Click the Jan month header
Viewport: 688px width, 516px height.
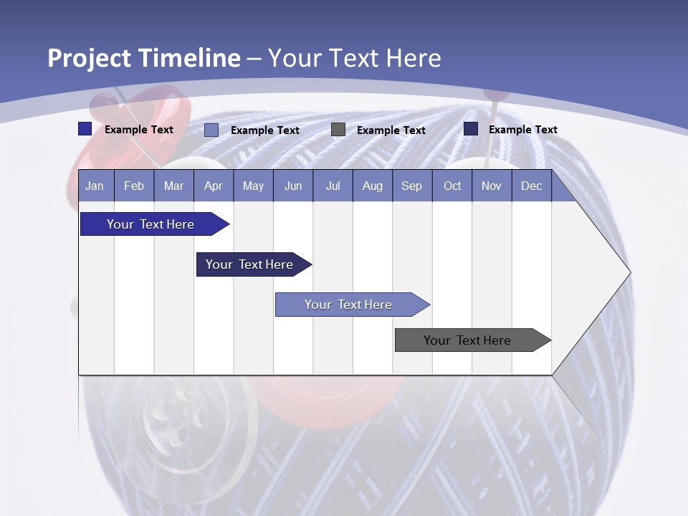point(95,186)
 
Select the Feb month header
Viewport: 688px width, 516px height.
point(134,186)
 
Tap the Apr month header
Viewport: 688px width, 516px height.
point(213,186)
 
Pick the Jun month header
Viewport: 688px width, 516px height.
point(293,186)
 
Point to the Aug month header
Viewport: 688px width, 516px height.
point(372,186)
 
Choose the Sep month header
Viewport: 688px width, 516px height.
point(411,186)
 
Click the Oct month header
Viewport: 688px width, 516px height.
point(452,186)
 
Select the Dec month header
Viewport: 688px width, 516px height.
point(531,186)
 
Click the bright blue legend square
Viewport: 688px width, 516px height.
point(85,129)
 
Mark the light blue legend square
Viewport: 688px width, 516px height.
point(211,130)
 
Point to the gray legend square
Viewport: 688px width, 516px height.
point(338,130)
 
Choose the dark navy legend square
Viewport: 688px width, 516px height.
point(471,129)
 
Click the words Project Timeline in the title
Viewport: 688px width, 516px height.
point(144,58)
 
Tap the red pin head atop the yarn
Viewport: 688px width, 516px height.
point(493,94)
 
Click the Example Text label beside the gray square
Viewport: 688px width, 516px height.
point(391,130)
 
